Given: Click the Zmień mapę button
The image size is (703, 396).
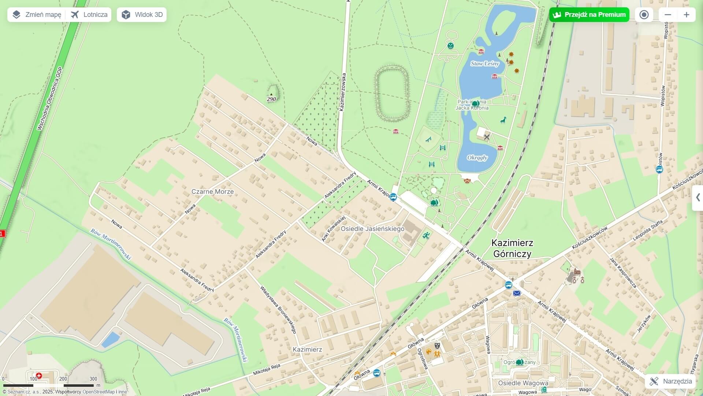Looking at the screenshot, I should point(36,15).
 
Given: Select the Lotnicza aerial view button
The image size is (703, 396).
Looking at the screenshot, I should point(89,15).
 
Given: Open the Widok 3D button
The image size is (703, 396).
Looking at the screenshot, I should point(142,15).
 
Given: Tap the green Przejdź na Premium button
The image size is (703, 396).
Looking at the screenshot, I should point(589,15).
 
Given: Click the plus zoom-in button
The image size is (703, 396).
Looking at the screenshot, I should point(686,15).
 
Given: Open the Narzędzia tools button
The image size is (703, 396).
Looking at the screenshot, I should point(670,381).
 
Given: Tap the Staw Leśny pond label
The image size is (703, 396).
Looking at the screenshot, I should point(485,64).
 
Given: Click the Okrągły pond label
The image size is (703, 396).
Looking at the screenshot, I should point(477,158).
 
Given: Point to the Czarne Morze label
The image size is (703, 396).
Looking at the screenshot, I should point(212,192).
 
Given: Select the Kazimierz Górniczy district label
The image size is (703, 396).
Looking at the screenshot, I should point(512,248).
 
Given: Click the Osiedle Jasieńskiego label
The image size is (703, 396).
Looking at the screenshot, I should point(372,229).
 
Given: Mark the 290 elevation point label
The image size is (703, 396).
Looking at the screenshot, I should point(271,99).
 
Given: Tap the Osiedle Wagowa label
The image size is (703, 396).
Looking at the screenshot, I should point(523,383).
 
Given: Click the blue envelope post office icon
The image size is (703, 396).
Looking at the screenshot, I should point(517,293).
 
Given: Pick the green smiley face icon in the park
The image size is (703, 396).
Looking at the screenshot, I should point(450,46).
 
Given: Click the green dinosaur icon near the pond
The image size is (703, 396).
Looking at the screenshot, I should point(503,120).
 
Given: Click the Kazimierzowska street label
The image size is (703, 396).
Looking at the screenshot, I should point(342,92).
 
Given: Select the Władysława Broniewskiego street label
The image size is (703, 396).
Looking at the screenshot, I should point(278,309).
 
